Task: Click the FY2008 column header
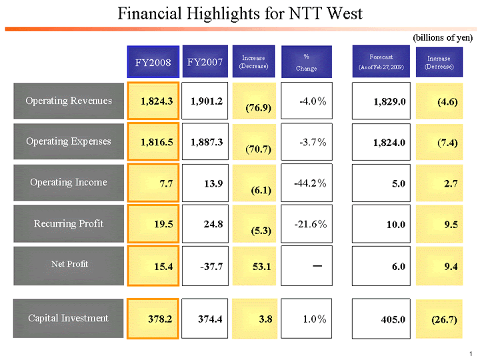pos(154,62)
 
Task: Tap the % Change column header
pos(307,62)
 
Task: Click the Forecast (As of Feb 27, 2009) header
pos(381,62)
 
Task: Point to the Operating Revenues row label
pos(69,101)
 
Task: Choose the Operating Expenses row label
pos(69,141)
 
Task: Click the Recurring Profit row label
pos(69,223)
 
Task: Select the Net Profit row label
pos(69,264)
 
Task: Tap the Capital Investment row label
pos(69,318)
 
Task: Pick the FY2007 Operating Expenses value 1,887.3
pos(206,142)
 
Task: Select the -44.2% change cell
pos(307,183)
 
